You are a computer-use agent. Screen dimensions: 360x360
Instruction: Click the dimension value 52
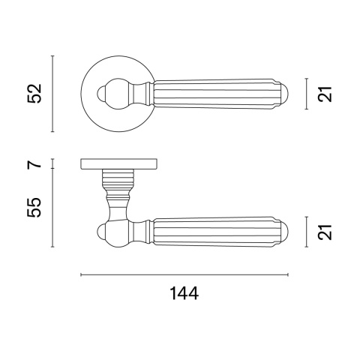click(x=34, y=94)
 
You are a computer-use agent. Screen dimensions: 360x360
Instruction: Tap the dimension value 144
click(x=184, y=293)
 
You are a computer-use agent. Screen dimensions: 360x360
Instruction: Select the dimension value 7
click(x=34, y=164)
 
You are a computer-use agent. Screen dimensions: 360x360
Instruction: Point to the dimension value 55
click(x=34, y=208)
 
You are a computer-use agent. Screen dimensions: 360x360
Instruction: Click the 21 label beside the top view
click(x=325, y=94)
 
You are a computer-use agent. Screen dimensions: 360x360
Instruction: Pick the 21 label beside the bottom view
click(x=325, y=232)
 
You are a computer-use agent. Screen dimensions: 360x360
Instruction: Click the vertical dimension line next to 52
click(x=52, y=94)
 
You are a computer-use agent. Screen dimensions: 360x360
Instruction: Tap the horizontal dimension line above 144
click(x=184, y=274)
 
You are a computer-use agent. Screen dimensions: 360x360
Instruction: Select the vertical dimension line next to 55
click(x=52, y=208)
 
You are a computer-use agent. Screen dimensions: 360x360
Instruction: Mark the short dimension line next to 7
click(x=52, y=163)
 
